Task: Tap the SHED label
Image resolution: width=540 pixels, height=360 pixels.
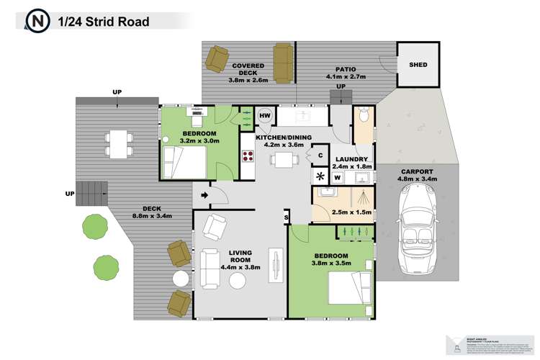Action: pyautogui.click(x=418, y=65)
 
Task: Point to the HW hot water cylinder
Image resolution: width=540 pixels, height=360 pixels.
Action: pyautogui.click(x=264, y=116)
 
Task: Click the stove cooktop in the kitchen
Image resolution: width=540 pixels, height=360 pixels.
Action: pyautogui.click(x=248, y=156)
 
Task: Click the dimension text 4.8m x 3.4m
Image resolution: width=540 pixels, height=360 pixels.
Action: pyautogui.click(x=418, y=179)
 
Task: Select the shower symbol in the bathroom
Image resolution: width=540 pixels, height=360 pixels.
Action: pyautogui.click(x=366, y=198)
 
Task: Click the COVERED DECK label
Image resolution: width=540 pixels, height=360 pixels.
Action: pyautogui.click(x=249, y=69)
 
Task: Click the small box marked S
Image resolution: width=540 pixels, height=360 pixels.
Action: pyautogui.click(x=285, y=217)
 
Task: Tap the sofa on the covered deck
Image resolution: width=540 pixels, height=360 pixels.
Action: pyautogui.click(x=283, y=63)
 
